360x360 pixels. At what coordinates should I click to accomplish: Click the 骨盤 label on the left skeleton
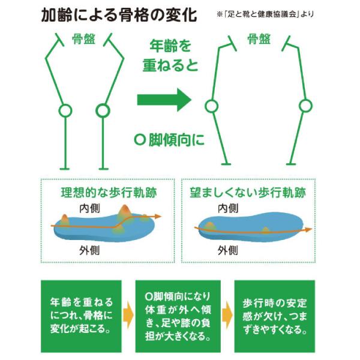point(83,40)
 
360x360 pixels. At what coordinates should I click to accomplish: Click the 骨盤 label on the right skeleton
point(259,40)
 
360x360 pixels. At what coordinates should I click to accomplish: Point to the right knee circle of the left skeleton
point(103,110)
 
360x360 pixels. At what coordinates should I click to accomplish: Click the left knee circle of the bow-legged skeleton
point(211,106)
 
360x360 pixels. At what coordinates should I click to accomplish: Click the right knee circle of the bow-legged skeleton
point(305,106)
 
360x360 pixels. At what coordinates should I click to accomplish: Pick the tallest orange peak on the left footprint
point(125,212)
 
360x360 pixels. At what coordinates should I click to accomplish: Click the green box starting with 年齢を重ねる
point(81,316)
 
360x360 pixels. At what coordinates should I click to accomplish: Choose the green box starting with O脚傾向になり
point(177,316)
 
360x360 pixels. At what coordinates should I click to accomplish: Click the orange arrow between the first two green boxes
point(128,315)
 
